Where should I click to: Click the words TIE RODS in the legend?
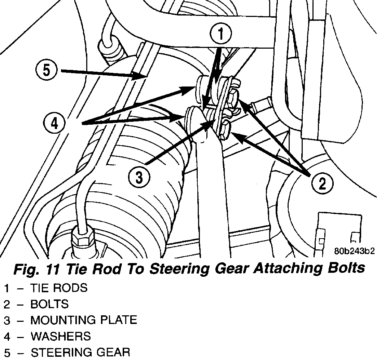pyautogui.click(x=59, y=288)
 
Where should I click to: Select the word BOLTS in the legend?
pyautogui.click(x=49, y=304)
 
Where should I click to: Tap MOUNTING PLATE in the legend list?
pyautogui.click(x=84, y=320)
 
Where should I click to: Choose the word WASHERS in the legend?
pyautogui.click(x=61, y=336)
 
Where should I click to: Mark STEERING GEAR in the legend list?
pyautogui.click(x=80, y=352)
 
